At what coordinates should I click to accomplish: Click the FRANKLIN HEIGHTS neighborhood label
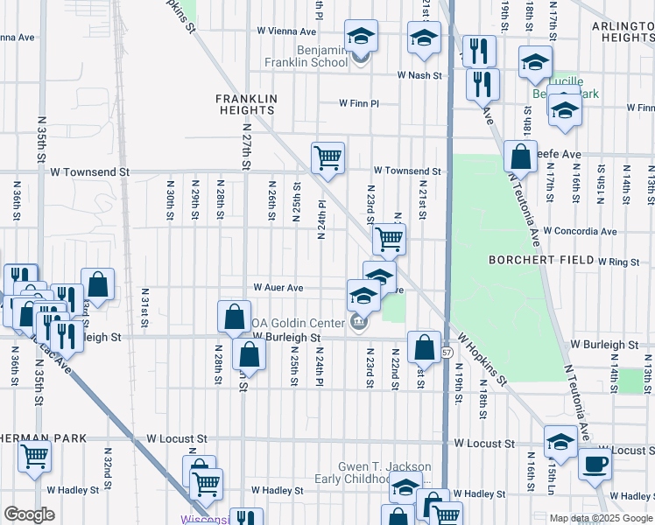246,105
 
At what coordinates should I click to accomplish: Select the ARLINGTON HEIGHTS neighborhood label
623,33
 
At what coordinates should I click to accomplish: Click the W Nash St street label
419,75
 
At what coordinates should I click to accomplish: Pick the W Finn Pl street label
359,103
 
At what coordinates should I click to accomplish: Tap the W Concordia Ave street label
580,231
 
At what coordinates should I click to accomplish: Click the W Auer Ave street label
278,287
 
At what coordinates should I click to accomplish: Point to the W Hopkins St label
480,360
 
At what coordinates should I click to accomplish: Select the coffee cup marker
595,464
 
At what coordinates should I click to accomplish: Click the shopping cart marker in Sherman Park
34,456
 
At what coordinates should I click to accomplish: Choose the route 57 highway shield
447,352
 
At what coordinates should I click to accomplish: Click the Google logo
30,514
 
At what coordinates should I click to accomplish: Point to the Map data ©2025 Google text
601,518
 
